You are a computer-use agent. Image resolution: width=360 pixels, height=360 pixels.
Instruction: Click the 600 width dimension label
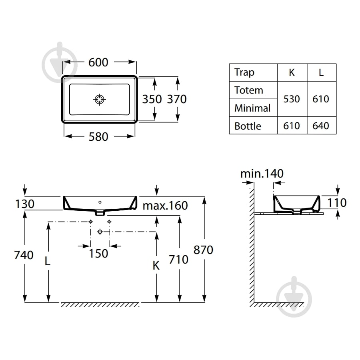pyautogui.click(x=98, y=62)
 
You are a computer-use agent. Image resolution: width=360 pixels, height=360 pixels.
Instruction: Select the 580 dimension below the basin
pyautogui.click(x=98, y=137)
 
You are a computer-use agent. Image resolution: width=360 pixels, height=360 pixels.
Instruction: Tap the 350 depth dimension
pyautogui.click(x=152, y=99)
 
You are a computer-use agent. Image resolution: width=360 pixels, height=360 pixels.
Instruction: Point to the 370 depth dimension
pyautogui.click(x=177, y=99)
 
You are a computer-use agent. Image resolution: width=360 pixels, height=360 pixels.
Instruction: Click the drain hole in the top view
pyautogui.click(x=100, y=100)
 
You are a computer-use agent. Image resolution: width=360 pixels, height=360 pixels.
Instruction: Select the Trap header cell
pyautogui.click(x=244, y=72)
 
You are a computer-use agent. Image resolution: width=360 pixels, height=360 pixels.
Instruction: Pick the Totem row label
pyautogui.click(x=249, y=90)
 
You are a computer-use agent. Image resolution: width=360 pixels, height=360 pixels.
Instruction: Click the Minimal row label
pyautogui.click(x=252, y=108)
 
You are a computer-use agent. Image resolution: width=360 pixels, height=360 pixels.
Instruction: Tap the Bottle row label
pyautogui.click(x=248, y=126)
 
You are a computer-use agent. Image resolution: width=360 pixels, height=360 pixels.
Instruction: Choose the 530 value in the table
pyautogui.click(x=292, y=99)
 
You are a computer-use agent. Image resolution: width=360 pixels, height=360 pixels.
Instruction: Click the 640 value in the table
pyautogui.click(x=321, y=126)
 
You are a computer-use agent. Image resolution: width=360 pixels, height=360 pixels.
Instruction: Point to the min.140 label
pyautogui.click(x=262, y=174)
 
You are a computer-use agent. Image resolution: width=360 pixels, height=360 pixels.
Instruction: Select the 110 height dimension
pyautogui.click(x=337, y=203)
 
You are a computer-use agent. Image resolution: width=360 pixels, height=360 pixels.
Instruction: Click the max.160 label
pyautogui.click(x=165, y=206)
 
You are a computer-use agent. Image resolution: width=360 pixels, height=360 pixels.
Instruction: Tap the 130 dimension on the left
pyautogui.click(x=25, y=204)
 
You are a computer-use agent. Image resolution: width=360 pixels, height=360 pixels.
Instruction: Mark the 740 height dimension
pyautogui.click(x=24, y=255)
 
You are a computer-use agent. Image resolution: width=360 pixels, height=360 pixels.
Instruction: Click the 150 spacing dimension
pyautogui.click(x=98, y=254)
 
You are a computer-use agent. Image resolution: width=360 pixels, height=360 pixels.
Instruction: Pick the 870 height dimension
pyautogui.click(x=204, y=250)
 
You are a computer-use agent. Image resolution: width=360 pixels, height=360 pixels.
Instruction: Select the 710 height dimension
pyautogui.click(x=179, y=260)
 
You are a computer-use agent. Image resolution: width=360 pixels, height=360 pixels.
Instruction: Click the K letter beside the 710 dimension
pyautogui.click(x=156, y=266)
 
